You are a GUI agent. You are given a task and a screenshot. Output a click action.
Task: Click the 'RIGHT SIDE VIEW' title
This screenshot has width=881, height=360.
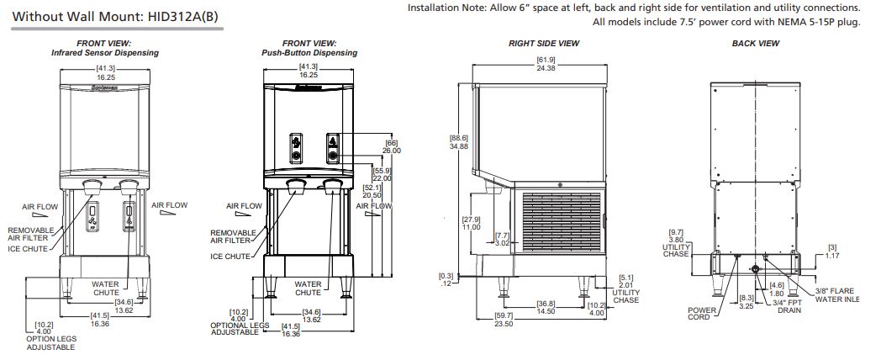tap(544, 43)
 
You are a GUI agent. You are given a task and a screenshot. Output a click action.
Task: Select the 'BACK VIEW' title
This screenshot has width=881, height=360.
tap(756, 43)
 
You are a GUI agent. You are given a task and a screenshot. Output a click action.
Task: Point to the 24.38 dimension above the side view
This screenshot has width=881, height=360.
tap(546, 68)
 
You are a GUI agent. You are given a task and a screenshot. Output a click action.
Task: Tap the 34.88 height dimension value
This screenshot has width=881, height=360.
tap(458, 146)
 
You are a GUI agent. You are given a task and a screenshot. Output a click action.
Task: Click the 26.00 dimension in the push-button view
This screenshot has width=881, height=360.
tap(393, 151)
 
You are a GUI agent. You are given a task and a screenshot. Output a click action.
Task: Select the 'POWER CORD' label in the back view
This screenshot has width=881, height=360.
tap(700, 314)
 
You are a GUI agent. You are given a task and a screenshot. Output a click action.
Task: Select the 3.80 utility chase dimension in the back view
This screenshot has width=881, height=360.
tap(675, 239)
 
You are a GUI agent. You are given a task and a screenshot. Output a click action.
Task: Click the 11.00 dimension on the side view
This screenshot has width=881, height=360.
tap(470, 228)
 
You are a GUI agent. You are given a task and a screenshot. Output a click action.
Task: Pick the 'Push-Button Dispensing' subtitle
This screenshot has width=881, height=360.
tap(309, 53)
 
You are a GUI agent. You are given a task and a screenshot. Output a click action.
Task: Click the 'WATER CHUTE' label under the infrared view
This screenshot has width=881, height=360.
tap(105, 289)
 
